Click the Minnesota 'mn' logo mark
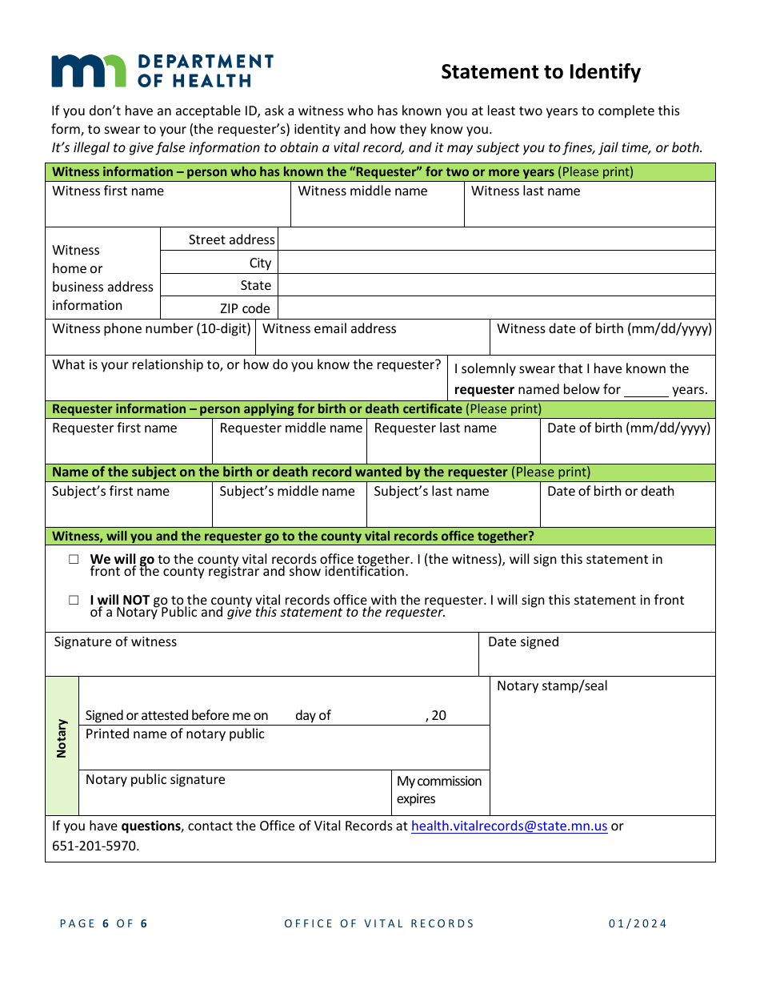(88, 70)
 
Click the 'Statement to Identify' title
(541, 72)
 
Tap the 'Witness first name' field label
(108, 191)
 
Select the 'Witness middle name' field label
(362, 191)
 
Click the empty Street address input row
(496, 239)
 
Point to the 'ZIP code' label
(245, 308)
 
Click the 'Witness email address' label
(329, 329)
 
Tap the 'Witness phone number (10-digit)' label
(151, 329)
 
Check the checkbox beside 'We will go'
(74, 560)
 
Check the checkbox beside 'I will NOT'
(74, 600)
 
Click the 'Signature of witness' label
(115, 642)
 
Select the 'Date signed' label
(523, 642)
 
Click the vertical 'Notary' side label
(62, 738)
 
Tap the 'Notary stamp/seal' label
(552, 686)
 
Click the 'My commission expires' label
(439, 790)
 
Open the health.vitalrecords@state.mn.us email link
(509, 826)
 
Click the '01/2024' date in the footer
(638, 923)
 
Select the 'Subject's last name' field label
(431, 492)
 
